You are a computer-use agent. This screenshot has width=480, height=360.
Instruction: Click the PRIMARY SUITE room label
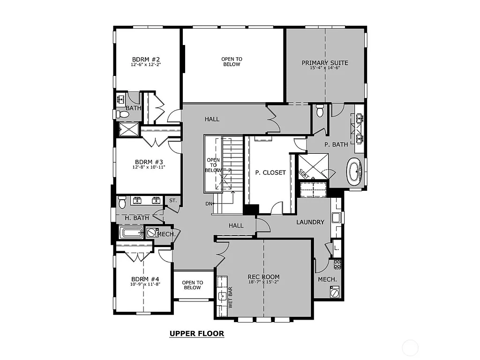pos(325,63)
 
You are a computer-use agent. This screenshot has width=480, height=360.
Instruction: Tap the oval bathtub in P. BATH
pos(354,172)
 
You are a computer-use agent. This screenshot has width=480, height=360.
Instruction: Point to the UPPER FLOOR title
pos(196,334)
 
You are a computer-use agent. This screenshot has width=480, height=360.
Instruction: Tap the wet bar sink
pos(222,296)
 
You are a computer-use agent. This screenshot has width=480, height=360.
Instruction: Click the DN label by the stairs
pos(209,203)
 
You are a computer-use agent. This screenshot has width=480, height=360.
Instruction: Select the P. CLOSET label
pos(270,172)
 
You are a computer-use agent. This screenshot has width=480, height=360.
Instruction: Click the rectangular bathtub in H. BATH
pos(132,232)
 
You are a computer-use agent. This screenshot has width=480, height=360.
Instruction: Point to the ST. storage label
pos(172,201)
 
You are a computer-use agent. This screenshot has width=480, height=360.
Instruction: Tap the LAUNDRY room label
pos(310,222)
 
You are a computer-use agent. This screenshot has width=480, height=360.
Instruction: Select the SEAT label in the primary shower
pos(304,173)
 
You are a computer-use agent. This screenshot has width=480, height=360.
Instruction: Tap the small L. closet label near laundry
pos(337,247)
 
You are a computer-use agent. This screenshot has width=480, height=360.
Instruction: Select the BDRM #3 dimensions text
pos(148,166)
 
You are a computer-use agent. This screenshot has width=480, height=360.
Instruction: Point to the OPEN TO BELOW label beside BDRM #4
pos(192,285)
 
